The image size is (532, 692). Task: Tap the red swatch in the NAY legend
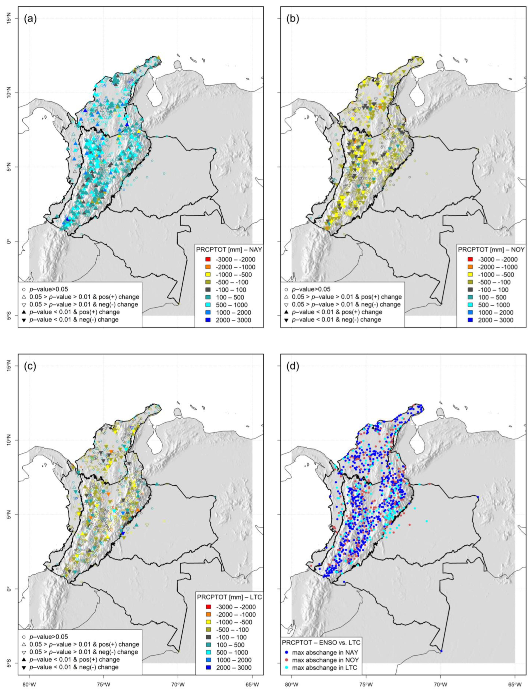(204, 259)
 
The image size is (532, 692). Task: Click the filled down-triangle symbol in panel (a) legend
(24, 320)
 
